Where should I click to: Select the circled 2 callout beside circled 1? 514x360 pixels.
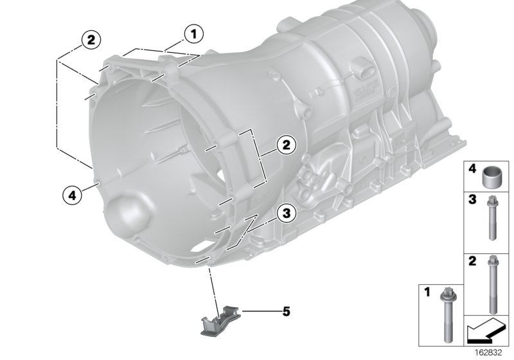point(90,40)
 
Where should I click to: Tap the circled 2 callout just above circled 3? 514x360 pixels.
point(286,146)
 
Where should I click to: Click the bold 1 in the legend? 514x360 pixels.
point(427,292)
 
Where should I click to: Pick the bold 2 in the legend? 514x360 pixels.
point(471,261)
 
